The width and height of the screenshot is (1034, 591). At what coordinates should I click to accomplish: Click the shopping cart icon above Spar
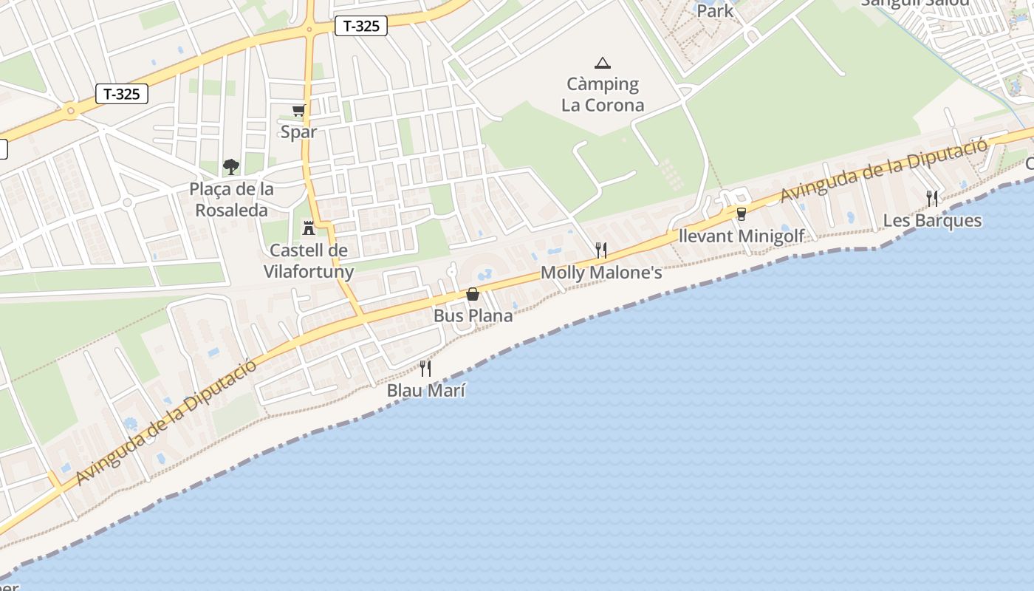[298, 111]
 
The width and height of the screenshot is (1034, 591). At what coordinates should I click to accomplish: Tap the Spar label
[298, 132]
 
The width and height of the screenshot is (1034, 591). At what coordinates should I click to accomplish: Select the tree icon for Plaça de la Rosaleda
[231, 167]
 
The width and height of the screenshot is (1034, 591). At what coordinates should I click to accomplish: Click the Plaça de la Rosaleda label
[231, 199]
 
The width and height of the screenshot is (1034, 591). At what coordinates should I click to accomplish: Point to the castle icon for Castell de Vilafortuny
[309, 228]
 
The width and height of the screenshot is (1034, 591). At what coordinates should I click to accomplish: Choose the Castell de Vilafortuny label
[309, 261]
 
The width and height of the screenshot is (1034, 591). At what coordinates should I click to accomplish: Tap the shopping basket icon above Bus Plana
[473, 294]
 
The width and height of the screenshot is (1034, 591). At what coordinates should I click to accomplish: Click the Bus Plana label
[473, 315]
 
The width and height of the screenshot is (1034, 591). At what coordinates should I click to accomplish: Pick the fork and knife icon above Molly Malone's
[601, 250]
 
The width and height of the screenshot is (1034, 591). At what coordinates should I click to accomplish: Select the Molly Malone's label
[601, 273]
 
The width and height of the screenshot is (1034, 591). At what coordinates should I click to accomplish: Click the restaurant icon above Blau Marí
[425, 368]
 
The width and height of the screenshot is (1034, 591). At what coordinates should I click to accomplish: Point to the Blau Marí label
[426, 391]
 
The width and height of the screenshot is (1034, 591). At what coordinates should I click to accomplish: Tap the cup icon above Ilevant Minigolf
[742, 213]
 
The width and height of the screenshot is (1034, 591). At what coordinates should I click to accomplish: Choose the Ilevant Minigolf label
[742, 236]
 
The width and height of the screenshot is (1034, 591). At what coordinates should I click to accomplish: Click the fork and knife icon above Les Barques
[932, 198]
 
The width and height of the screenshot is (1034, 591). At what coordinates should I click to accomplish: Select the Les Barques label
[932, 221]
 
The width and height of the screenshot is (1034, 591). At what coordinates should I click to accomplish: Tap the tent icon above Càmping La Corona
[603, 64]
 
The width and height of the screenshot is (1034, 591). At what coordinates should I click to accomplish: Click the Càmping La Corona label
[603, 95]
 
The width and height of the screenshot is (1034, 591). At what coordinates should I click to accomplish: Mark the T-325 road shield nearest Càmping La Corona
[361, 26]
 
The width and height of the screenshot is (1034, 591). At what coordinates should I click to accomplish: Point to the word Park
[715, 11]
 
